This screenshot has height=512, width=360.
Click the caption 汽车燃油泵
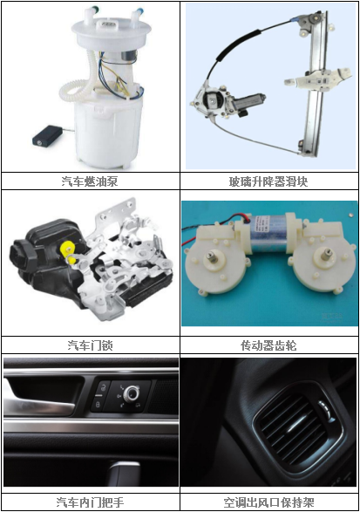point(90,181)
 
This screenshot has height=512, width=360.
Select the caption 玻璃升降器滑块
point(268,181)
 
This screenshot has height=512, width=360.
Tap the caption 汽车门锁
point(90,345)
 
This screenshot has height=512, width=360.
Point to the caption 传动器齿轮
point(268,345)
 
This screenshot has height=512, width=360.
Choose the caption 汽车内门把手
point(90,502)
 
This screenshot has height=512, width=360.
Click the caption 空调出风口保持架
point(268,502)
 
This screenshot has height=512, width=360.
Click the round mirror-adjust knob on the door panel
point(132,394)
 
